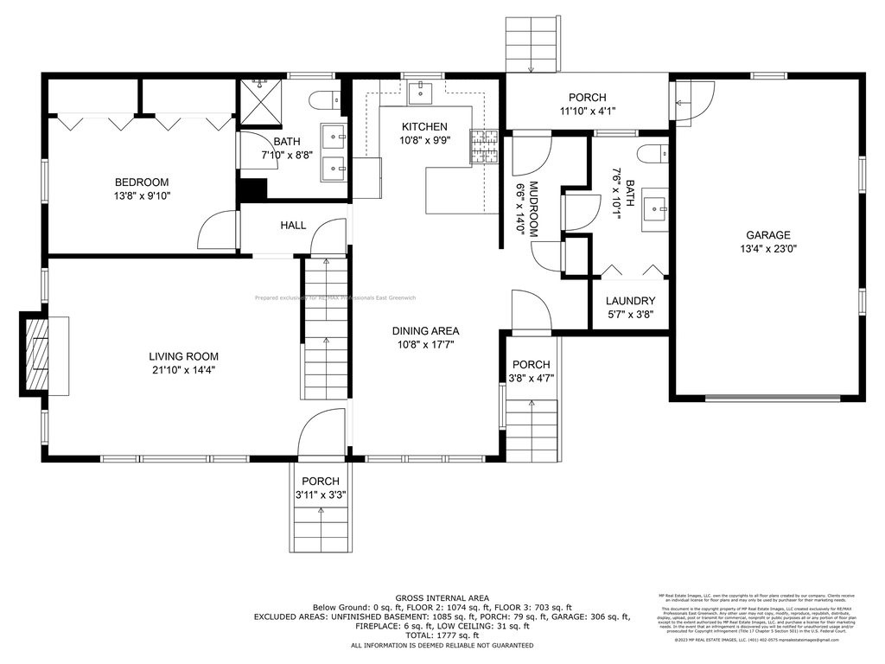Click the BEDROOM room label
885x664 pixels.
142,182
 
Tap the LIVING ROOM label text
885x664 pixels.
183,356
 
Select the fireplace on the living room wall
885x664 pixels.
37,355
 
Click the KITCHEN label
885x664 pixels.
423,126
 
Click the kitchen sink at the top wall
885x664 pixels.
423,88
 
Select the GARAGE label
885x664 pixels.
768,235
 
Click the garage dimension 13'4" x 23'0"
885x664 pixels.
768,249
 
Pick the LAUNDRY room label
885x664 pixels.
629,301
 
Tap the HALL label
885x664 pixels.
293,226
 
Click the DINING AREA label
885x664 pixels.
425,331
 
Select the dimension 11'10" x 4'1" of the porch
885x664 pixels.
587,111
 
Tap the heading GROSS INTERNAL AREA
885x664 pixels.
442,598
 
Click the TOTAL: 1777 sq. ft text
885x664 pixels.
442,635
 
